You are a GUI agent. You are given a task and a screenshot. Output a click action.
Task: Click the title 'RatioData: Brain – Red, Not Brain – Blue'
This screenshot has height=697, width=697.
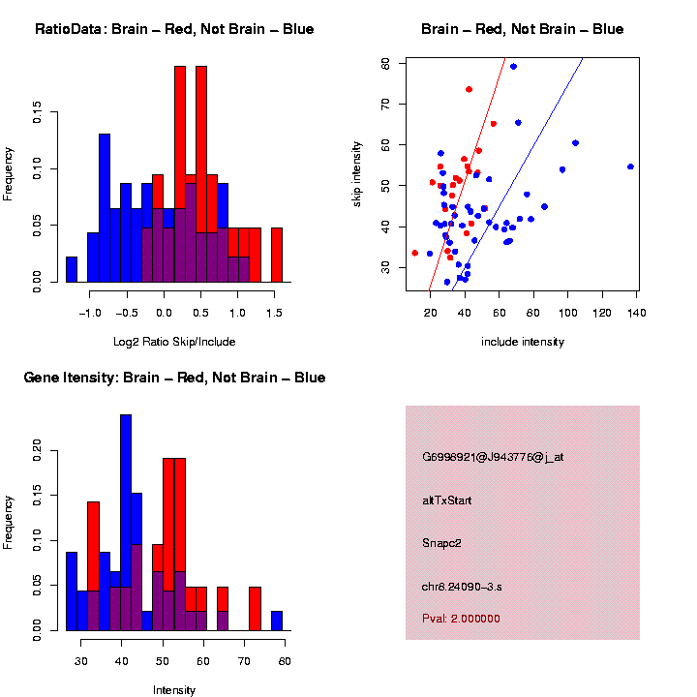click(174, 29)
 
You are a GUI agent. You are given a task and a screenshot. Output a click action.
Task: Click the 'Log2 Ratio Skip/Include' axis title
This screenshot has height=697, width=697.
click(174, 342)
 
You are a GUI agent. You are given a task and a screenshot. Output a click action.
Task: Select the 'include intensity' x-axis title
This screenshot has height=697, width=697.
click(522, 342)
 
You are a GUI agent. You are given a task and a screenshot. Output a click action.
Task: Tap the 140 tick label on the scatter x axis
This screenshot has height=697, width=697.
click(638, 314)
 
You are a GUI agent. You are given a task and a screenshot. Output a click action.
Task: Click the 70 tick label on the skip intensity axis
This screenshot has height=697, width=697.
click(386, 104)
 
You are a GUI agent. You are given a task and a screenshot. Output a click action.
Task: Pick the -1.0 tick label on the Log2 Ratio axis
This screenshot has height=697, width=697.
click(90, 314)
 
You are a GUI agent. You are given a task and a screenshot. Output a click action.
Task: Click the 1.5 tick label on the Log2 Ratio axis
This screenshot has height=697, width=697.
click(274, 314)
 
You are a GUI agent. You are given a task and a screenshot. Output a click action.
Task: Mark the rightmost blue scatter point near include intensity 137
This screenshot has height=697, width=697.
click(630, 167)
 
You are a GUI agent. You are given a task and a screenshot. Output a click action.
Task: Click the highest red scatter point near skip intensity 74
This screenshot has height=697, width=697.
click(469, 89)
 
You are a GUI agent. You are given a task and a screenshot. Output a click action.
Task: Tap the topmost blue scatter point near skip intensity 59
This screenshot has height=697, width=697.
click(513, 66)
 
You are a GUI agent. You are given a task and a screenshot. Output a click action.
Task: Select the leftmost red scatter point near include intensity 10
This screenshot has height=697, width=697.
click(415, 253)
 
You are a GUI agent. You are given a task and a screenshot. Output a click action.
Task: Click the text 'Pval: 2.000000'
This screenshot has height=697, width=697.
click(462, 618)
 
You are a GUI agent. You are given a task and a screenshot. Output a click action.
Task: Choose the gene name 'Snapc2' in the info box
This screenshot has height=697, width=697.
click(442, 543)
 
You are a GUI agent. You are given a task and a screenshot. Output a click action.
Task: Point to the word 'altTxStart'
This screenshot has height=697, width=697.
click(447, 500)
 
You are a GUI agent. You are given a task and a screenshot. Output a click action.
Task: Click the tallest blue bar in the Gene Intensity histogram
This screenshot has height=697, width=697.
click(126, 523)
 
